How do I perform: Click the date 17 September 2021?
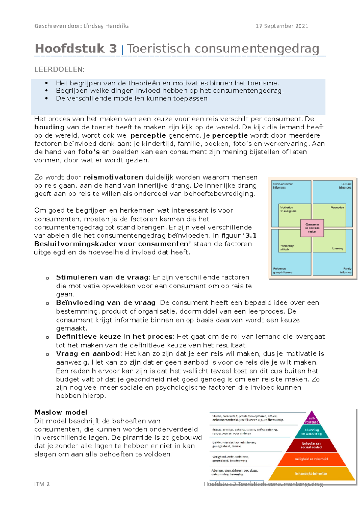point(282,26)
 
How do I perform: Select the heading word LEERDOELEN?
point(59,70)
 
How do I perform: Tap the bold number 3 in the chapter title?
point(113,49)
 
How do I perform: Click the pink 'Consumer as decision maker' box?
point(312,228)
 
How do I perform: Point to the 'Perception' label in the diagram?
point(337,207)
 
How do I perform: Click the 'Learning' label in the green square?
point(337,249)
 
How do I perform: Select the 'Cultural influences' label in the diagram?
point(345,186)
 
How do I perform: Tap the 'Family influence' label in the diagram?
point(346,270)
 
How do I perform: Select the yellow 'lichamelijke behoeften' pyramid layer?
point(311,474)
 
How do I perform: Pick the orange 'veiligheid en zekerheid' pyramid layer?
point(311,459)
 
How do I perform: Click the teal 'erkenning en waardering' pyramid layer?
point(312,432)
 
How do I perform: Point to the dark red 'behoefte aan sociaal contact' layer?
point(312,445)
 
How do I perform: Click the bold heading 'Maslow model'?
point(61,412)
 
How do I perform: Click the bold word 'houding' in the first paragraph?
point(49,127)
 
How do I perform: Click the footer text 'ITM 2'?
point(42,484)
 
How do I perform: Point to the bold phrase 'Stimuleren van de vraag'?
point(102,277)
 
